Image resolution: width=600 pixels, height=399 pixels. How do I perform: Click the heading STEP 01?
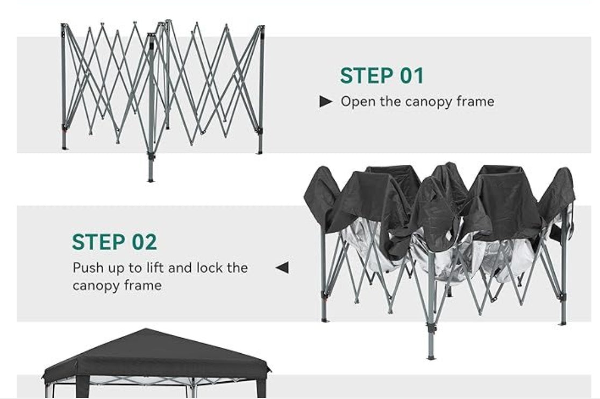point(382,75)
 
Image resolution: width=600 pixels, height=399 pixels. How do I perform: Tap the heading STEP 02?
point(115,242)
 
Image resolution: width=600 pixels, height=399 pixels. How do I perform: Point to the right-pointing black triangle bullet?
point(326,102)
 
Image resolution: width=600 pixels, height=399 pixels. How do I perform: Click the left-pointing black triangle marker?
point(282,268)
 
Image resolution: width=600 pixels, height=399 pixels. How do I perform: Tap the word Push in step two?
point(88,268)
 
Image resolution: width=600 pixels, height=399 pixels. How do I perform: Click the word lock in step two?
point(209,268)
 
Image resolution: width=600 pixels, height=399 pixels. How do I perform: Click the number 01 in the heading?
point(412,75)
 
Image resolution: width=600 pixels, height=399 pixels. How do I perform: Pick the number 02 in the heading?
point(144,242)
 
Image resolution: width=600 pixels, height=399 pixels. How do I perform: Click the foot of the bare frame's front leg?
point(151,180)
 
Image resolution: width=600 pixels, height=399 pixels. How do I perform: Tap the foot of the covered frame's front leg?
point(431,357)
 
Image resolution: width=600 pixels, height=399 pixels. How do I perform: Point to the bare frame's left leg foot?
point(65,148)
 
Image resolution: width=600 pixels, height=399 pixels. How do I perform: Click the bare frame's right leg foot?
point(260,152)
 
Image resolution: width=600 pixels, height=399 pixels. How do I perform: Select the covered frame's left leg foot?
point(325,320)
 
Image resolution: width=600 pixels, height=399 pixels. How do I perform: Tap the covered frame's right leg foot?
point(562,323)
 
